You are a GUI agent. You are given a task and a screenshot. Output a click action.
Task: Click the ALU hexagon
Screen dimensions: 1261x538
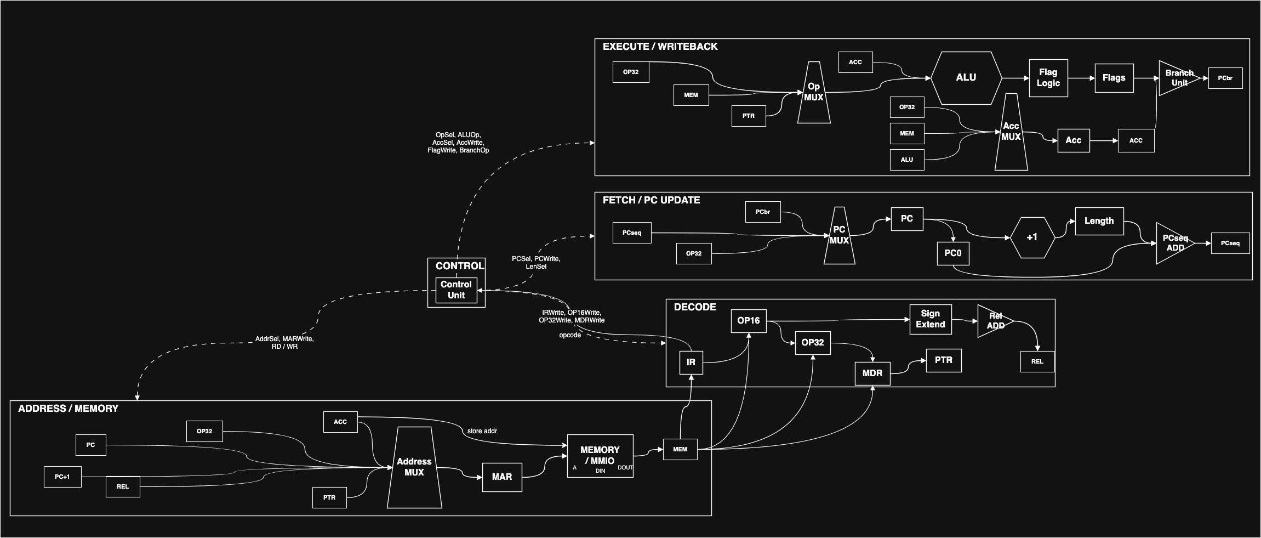point(966,78)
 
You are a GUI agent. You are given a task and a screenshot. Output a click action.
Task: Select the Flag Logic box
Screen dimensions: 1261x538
point(1048,78)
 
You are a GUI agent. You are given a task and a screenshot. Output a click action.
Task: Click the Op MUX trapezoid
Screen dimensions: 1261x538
point(814,92)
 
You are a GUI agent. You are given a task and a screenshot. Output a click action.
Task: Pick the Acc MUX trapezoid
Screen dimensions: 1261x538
point(1011,132)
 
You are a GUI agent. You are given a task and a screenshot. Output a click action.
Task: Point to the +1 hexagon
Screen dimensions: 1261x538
point(1032,237)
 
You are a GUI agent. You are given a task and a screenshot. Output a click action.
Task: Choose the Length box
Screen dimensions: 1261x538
point(1099,221)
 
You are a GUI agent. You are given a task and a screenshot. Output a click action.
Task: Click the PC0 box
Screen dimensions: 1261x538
point(953,253)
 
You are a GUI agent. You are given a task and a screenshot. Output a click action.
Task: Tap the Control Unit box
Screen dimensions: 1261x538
point(456,290)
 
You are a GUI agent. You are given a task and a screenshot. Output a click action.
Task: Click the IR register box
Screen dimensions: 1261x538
point(691,363)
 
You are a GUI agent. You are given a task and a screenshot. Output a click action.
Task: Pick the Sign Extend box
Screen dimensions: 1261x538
point(931,319)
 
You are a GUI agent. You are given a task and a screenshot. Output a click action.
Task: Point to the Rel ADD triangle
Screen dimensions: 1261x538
point(995,321)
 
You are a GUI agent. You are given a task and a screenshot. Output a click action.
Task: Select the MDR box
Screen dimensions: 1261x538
point(872,373)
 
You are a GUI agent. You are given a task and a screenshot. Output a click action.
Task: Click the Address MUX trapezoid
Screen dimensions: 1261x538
point(414,467)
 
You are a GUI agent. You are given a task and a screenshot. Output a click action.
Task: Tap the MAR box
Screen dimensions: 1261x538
point(502,477)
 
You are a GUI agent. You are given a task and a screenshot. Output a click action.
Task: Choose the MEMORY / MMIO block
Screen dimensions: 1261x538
point(600,456)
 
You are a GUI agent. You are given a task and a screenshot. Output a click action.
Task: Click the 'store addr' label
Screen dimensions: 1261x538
point(482,431)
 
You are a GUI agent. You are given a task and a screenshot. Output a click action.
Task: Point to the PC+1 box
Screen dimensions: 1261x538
point(62,477)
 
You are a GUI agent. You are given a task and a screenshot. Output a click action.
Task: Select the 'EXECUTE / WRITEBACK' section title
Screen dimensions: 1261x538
point(660,47)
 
